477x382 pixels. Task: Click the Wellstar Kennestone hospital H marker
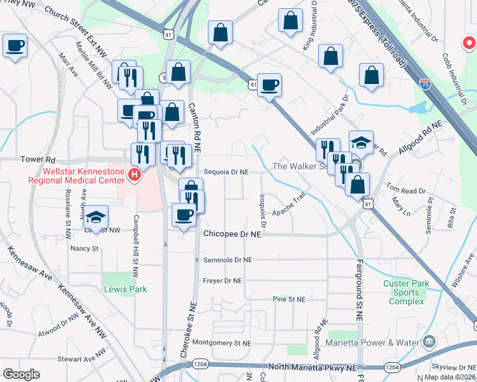[x=135, y=174]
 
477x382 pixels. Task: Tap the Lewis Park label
[x=126, y=289]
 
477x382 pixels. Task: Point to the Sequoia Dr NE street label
[x=226, y=172]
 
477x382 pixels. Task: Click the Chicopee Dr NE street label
[x=233, y=234]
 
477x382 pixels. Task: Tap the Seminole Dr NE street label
[x=228, y=260]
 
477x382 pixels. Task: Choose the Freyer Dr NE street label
[x=223, y=280]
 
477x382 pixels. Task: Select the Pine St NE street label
[x=289, y=299]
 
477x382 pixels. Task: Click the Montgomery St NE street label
[x=222, y=343]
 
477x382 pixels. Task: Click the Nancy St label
[x=85, y=248]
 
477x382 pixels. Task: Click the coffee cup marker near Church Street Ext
[x=15, y=46]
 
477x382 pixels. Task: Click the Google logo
[x=22, y=374]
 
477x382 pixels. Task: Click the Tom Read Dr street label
[x=406, y=190]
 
